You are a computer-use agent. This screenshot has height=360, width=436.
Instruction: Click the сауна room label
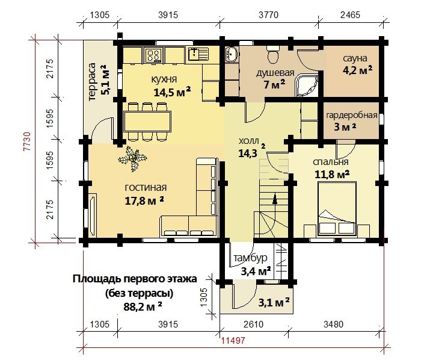pos(355,58)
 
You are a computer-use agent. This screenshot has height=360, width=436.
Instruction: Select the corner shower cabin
pos(306,85)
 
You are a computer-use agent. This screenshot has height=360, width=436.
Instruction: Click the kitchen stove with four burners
pos(154,55)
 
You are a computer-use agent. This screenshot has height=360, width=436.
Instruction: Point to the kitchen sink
pos(198,54)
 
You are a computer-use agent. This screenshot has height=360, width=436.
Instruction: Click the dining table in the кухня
pos(147,121)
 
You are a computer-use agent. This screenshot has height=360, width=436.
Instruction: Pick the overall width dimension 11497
pos(233,340)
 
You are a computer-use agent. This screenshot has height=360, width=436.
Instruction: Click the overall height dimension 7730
pos(27,141)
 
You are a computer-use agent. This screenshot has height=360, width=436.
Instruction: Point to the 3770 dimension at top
pos(268,15)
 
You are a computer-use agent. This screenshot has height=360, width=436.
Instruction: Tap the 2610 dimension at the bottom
pos(253,324)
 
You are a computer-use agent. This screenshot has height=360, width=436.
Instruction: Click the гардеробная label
pos(351,115)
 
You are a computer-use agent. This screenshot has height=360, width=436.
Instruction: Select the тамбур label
pos(250,258)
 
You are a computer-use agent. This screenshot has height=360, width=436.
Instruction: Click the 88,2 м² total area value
pos(143,306)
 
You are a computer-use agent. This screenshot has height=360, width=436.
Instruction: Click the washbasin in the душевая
pos(232,54)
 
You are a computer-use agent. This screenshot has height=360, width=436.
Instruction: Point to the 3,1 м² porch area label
pos(274,302)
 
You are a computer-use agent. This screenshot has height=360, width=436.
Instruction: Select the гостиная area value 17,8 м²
pos(144,200)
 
